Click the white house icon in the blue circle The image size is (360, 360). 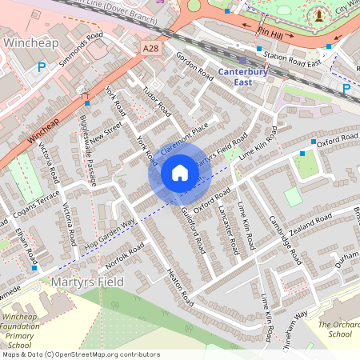[x=180, y=173]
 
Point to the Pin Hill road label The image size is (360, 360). [x=274, y=34]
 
